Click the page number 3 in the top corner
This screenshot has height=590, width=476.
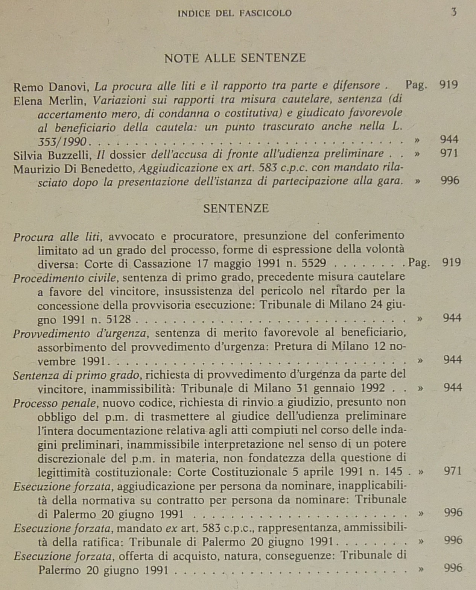(x=454, y=12)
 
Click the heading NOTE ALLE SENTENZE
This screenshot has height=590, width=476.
(x=235, y=58)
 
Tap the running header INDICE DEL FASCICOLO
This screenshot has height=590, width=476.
(x=234, y=14)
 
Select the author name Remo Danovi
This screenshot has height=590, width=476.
(x=50, y=87)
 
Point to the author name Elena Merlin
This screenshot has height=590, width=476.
(x=50, y=101)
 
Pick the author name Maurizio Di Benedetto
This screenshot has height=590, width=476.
(x=74, y=169)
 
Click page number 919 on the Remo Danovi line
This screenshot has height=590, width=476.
(x=449, y=85)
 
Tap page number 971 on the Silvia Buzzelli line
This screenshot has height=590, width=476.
(x=449, y=153)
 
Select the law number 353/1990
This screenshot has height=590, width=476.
(x=62, y=142)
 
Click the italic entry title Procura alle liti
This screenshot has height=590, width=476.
(x=56, y=237)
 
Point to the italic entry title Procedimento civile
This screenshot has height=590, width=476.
(x=64, y=278)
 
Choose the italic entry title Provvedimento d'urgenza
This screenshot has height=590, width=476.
(x=79, y=334)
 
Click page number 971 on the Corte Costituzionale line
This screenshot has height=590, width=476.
(x=453, y=471)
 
